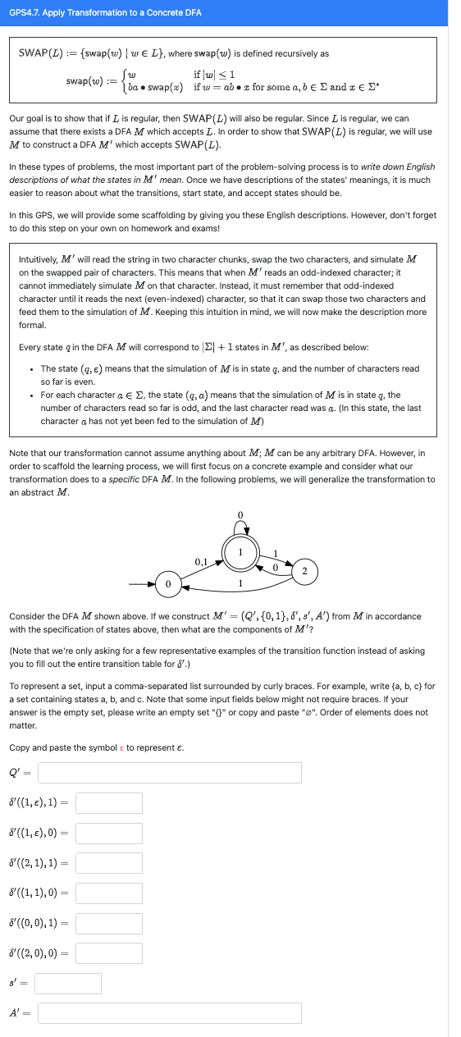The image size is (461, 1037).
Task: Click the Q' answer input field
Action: pyautogui.click(x=169, y=773)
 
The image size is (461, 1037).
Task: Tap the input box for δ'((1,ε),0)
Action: pyautogui.click(x=109, y=834)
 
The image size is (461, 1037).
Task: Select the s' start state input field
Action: pyautogui.click(x=68, y=983)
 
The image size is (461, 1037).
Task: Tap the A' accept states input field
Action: pyautogui.click(x=169, y=1013)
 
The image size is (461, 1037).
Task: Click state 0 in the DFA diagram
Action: pyautogui.click(x=167, y=584)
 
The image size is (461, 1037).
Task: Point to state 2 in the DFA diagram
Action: pyautogui.click(x=304, y=569)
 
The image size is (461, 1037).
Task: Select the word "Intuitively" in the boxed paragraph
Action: pyautogui.click(x=40, y=258)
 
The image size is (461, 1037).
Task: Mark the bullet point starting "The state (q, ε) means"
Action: pyautogui.click(x=30, y=369)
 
